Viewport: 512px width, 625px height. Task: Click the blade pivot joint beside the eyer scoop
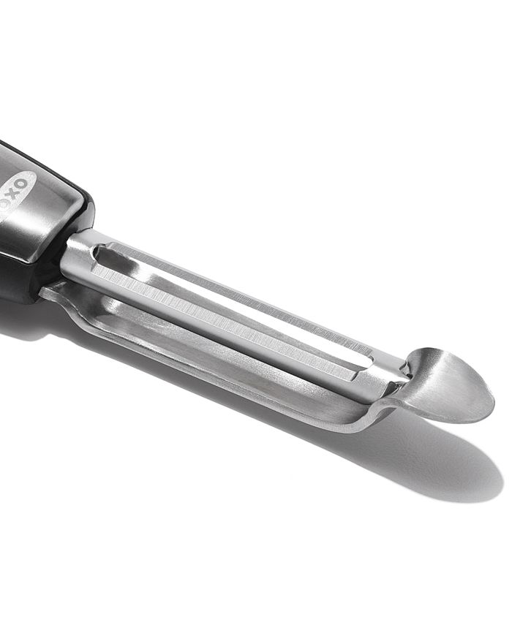click(x=399, y=373)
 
